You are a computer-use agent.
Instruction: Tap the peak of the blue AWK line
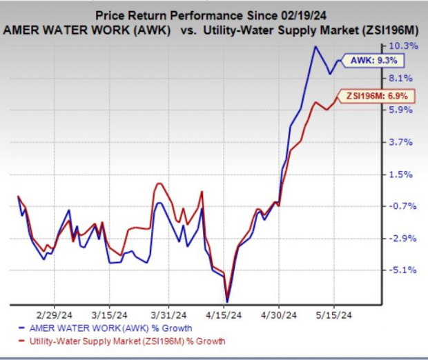coord(315,47)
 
